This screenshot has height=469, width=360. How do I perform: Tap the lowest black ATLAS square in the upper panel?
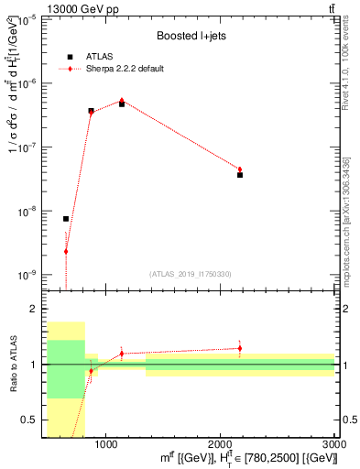[66, 219]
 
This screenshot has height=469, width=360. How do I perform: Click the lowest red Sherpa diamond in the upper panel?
[66, 251]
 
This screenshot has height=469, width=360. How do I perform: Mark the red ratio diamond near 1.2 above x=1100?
[122, 354]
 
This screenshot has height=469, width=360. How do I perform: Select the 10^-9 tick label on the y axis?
[28, 275]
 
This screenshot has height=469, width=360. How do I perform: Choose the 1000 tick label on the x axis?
[106, 444]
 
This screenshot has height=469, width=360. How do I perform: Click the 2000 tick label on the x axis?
[221, 444]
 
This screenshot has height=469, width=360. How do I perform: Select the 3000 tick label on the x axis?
[335, 444]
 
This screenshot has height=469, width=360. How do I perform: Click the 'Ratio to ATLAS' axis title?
[12, 365]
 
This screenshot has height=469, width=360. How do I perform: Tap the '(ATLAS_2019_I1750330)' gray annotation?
[191, 274]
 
